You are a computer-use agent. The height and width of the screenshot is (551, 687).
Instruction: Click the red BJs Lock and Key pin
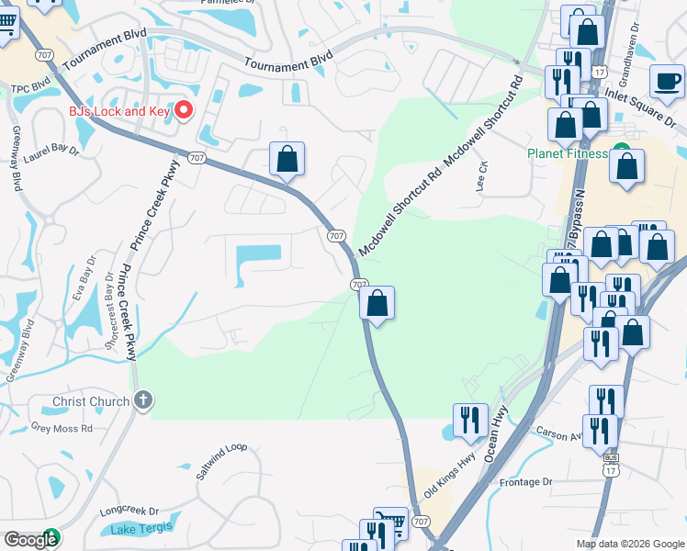tap(183, 111)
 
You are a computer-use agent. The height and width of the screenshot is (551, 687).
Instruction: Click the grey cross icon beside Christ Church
tap(142, 399)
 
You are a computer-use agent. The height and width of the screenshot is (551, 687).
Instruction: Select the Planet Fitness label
tap(567, 153)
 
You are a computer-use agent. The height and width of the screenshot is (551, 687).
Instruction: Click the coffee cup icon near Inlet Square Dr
tap(668, 81)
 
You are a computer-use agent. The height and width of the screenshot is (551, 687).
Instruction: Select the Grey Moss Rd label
tap(62, 428)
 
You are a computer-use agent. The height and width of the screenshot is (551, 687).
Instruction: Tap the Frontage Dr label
tap(526, 481)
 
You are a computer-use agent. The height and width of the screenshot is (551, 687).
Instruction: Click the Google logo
tap(30, 539)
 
